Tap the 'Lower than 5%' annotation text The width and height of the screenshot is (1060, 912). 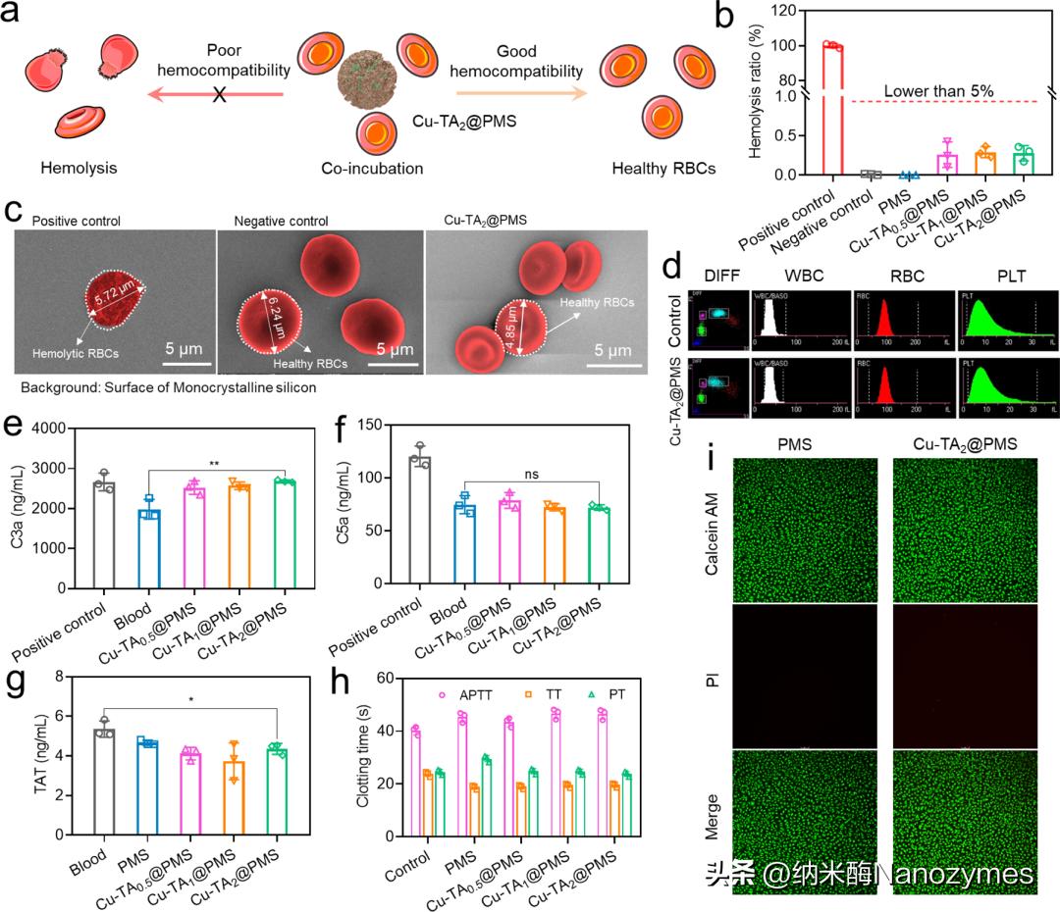coord(938,91)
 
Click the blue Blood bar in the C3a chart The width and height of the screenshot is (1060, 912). coord(148,549)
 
